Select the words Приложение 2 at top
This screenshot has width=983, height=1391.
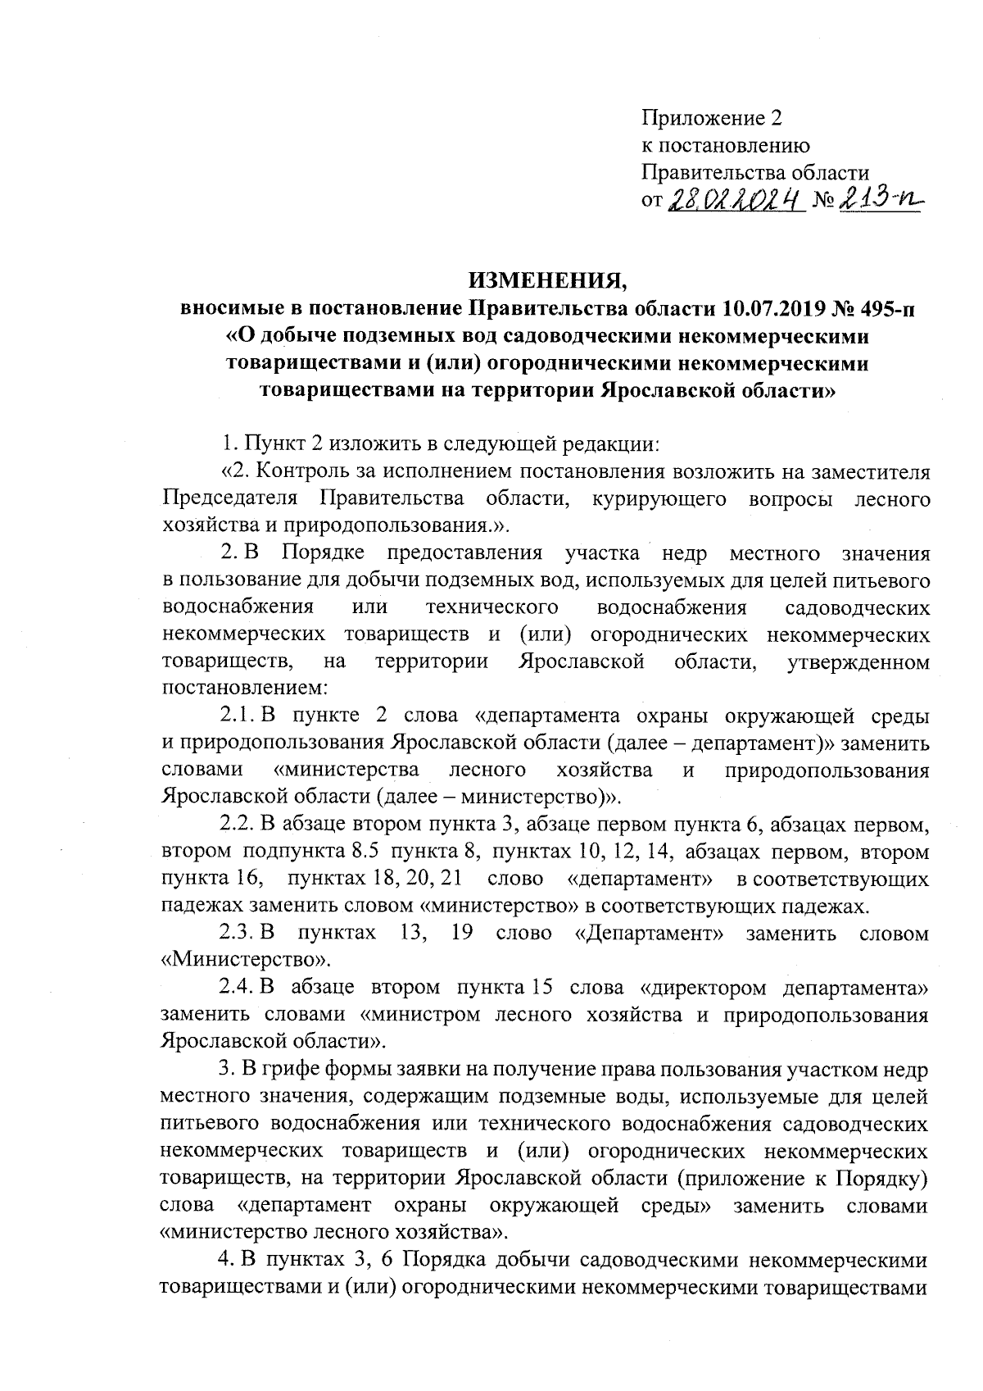[712, 119]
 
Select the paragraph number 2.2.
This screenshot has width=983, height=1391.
[237, 825]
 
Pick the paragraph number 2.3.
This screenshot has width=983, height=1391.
[237, 933]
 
